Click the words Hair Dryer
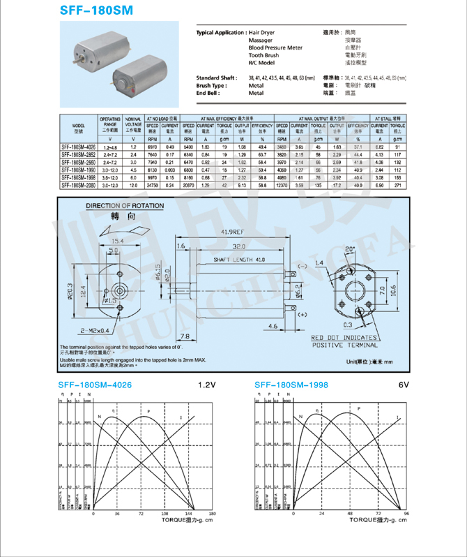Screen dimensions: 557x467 point(262,33)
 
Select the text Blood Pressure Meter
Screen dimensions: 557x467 point(275,47)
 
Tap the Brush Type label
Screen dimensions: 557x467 point(213,85)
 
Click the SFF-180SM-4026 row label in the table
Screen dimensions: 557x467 point(78,148)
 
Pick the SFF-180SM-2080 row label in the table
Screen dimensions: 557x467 point(78,186)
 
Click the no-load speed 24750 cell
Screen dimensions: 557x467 point(151,186)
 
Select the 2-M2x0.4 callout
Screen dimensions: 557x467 point(94,330)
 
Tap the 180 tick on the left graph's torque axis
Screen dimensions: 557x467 point(213,514)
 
